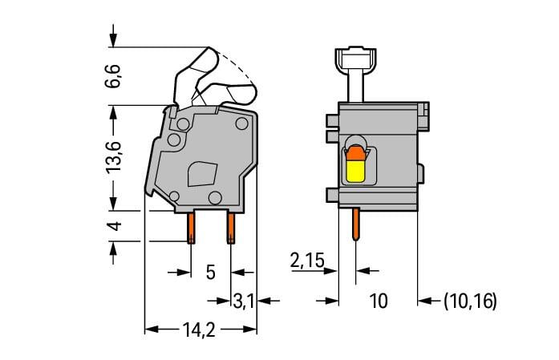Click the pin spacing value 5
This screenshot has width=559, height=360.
coord(210,272)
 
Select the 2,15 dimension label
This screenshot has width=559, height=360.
coord(307,261)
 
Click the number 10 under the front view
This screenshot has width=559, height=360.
coord(378,301)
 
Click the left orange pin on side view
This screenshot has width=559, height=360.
coord(192,227)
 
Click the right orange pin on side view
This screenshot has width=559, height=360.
coord(231,227)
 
